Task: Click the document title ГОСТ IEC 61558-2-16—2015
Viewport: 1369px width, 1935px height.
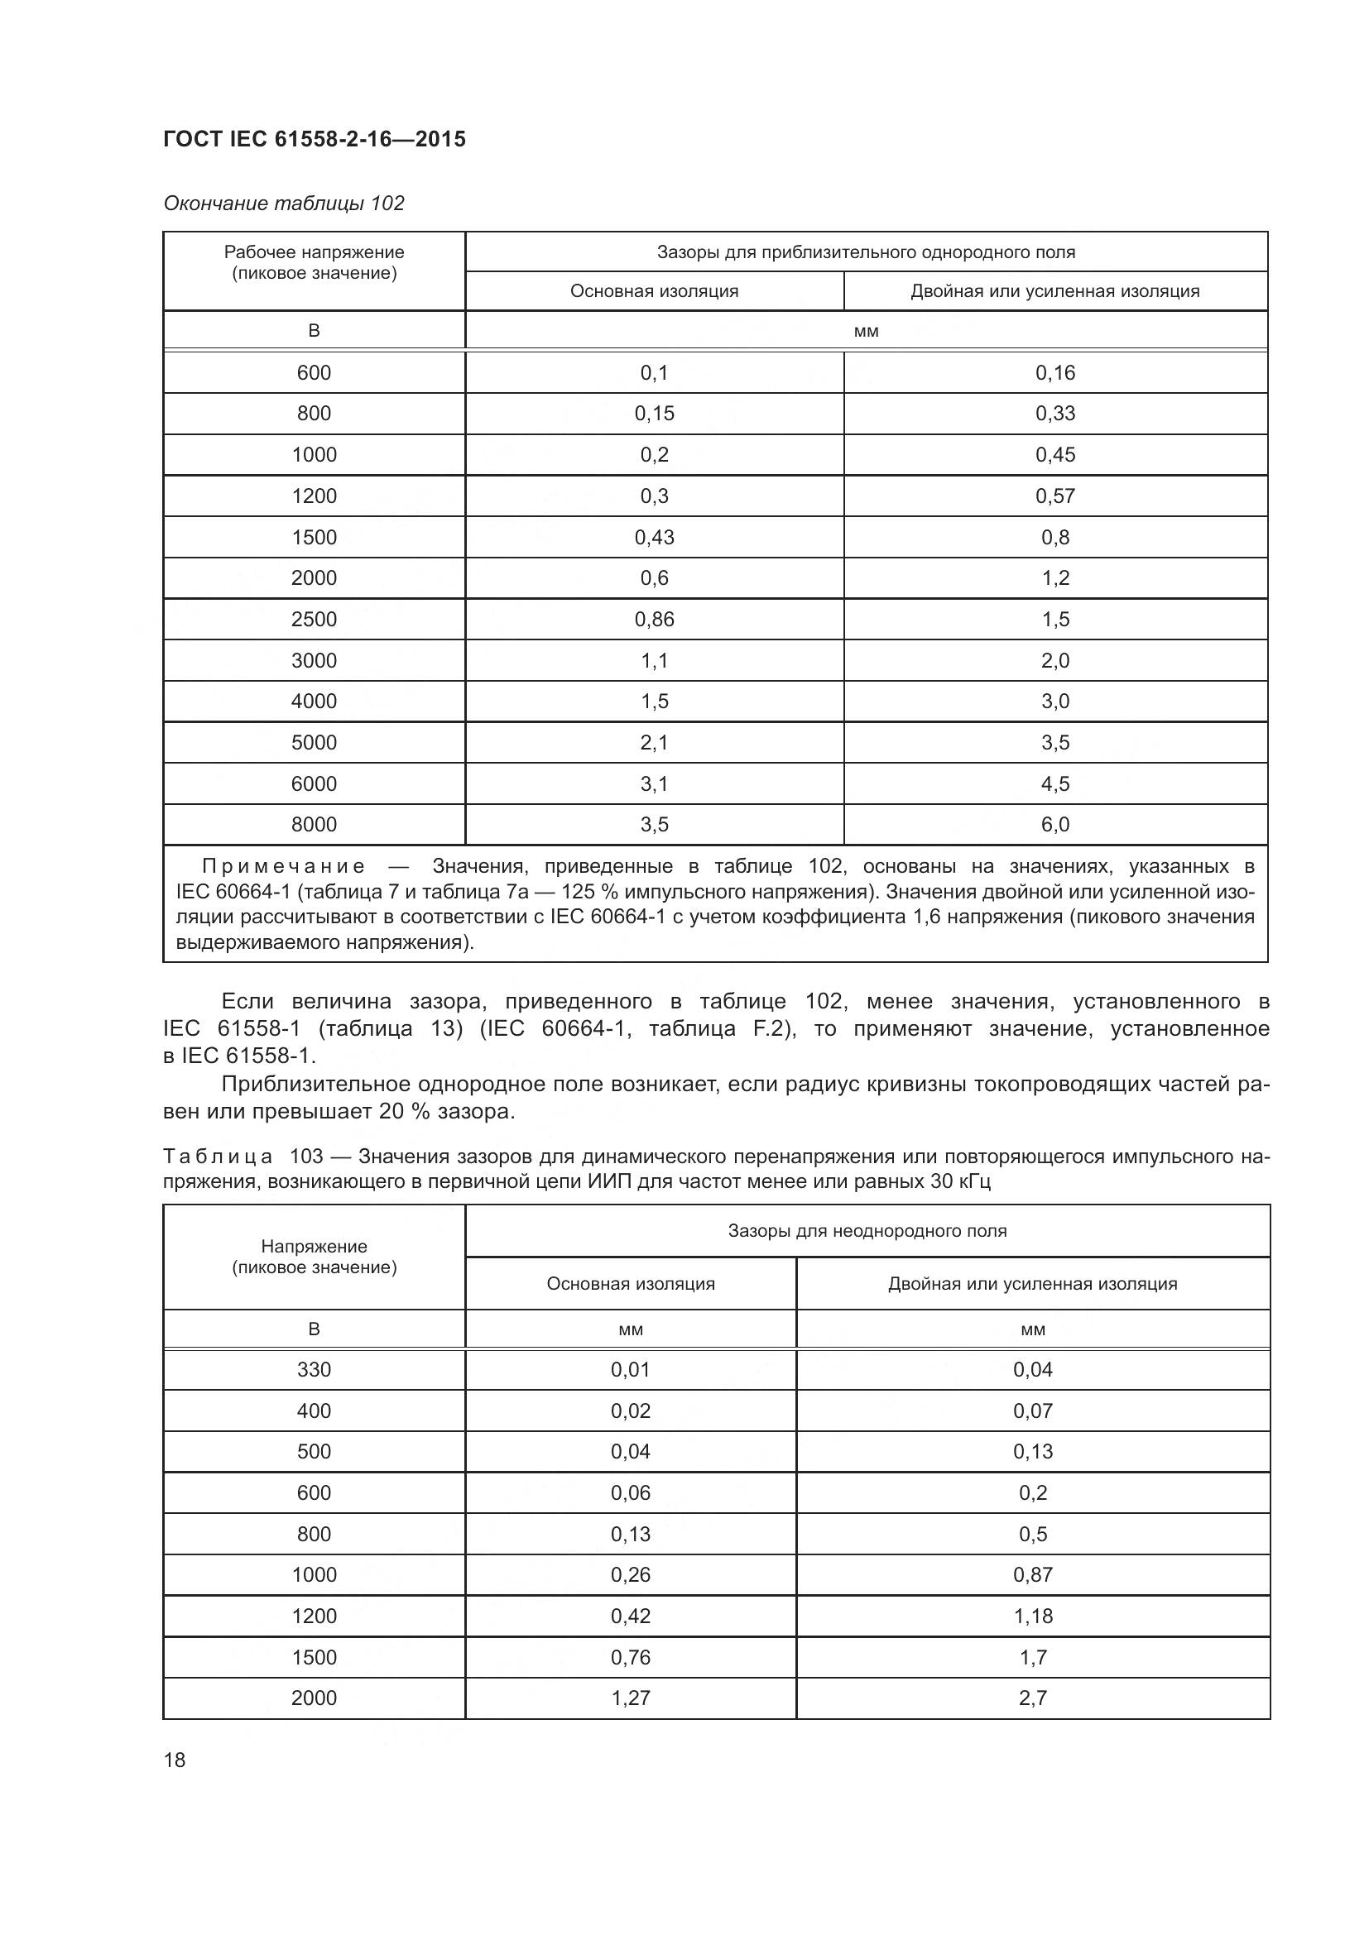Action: tap(314, 140)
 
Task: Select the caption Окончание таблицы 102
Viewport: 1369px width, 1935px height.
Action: tap(283, 204)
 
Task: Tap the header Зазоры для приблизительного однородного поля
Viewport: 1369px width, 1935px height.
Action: tap(866, 252)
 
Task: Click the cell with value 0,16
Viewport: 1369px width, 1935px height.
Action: tap(1054, 372)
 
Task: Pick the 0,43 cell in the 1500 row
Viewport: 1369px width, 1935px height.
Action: tap(654, 537)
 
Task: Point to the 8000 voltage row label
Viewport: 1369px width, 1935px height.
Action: tap(314, 824)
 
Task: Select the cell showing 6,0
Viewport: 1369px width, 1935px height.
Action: tap(1054, 824)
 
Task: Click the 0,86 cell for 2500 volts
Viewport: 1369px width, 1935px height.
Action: tap(654, 620)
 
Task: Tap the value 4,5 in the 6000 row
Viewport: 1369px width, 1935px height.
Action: tap(1054, 783)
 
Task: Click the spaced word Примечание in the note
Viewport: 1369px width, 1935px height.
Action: tap(283, 866)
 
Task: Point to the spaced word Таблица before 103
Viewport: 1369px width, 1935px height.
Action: tap(218, 1157)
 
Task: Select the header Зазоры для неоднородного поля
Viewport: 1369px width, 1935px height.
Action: tap(867, 1230)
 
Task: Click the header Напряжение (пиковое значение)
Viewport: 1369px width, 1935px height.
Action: tap(314, 1257)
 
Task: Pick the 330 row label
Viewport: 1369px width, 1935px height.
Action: tap(314, 1369)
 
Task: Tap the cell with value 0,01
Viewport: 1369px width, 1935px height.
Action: tap(631, 1369)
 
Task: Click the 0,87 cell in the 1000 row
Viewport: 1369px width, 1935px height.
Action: tap(1033, 1574)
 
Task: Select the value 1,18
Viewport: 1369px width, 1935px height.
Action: tap(1033, 1616)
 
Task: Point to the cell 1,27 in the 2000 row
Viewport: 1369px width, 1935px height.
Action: tap(631, 1698)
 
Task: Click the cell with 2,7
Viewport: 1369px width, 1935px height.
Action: tap(1033, 1698)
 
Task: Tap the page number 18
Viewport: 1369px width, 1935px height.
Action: tap(175, 1760)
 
